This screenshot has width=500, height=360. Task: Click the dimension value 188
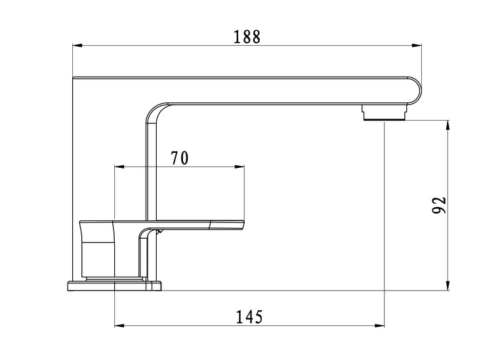pyautogui.click(x=246, y=37)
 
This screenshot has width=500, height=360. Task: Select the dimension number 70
pyautogui.click(x=181, y=157)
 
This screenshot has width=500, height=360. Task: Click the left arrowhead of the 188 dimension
pyautogui.click(x=80, y=46)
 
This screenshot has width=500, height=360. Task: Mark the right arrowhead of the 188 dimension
pyautogui.click(x=414, y=46)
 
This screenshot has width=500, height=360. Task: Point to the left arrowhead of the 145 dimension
pyautogui.click(x=120, y=326)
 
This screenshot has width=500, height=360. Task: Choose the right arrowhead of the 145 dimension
pyautogui.click(x=379, y=326)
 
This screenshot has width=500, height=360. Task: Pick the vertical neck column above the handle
pyautogui.click(x=150, y=170)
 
